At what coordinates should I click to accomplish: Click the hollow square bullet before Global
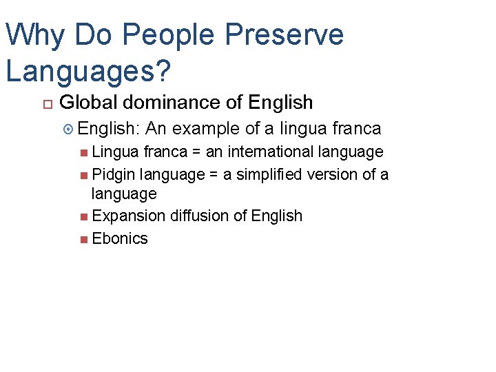point(47,104)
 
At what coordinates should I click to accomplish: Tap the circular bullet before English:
point(68,129)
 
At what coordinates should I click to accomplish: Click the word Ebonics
point(119,238)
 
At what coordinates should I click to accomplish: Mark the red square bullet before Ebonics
point(83,239)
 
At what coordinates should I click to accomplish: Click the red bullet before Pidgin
point(83,175)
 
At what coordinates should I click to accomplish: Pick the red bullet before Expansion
point(83,216)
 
